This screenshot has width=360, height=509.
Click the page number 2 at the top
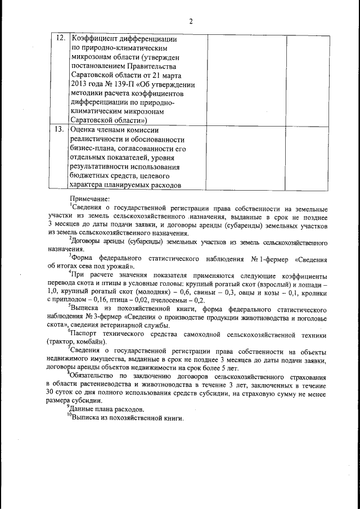pyautogui.click(x=191, y=21)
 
